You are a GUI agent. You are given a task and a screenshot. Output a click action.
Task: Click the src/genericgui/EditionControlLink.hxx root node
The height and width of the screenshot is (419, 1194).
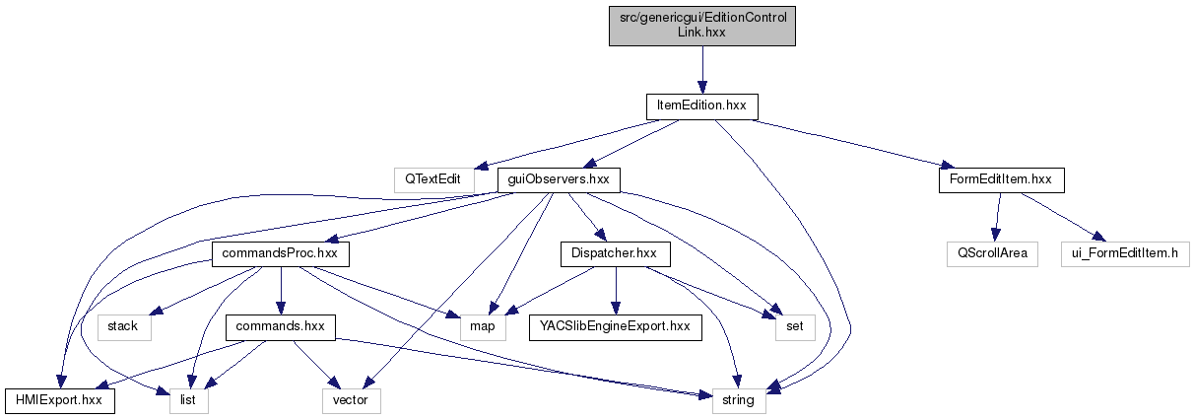[701, 25]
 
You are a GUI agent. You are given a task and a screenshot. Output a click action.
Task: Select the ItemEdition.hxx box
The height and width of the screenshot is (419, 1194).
[701, 105]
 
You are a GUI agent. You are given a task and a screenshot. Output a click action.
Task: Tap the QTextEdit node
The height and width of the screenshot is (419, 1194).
[429, 180]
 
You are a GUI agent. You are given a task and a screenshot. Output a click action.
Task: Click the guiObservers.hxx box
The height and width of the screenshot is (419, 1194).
[558, 180]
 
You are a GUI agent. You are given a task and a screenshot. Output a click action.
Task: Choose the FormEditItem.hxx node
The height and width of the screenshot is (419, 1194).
[1001, 180]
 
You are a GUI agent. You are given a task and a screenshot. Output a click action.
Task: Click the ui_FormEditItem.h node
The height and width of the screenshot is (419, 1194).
[1125, 253]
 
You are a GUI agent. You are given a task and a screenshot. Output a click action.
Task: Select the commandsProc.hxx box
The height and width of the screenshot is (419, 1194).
[280, 253]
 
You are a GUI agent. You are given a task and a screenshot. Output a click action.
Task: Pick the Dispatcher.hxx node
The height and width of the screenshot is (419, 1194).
[616, 253]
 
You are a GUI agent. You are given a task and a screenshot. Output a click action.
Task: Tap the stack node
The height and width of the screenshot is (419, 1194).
[124, 326]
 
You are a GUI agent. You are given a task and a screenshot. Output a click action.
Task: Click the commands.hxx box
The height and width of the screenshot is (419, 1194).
[281, 326]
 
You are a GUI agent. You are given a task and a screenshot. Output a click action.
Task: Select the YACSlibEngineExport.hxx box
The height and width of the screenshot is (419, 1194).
[616, 326]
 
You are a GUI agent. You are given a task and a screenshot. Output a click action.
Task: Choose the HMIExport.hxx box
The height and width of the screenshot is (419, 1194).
[59, 400]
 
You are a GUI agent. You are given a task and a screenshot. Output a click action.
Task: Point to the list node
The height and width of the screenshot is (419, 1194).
[189, 400]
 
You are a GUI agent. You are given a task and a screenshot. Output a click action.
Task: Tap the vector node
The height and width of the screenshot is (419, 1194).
[351, 400]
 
